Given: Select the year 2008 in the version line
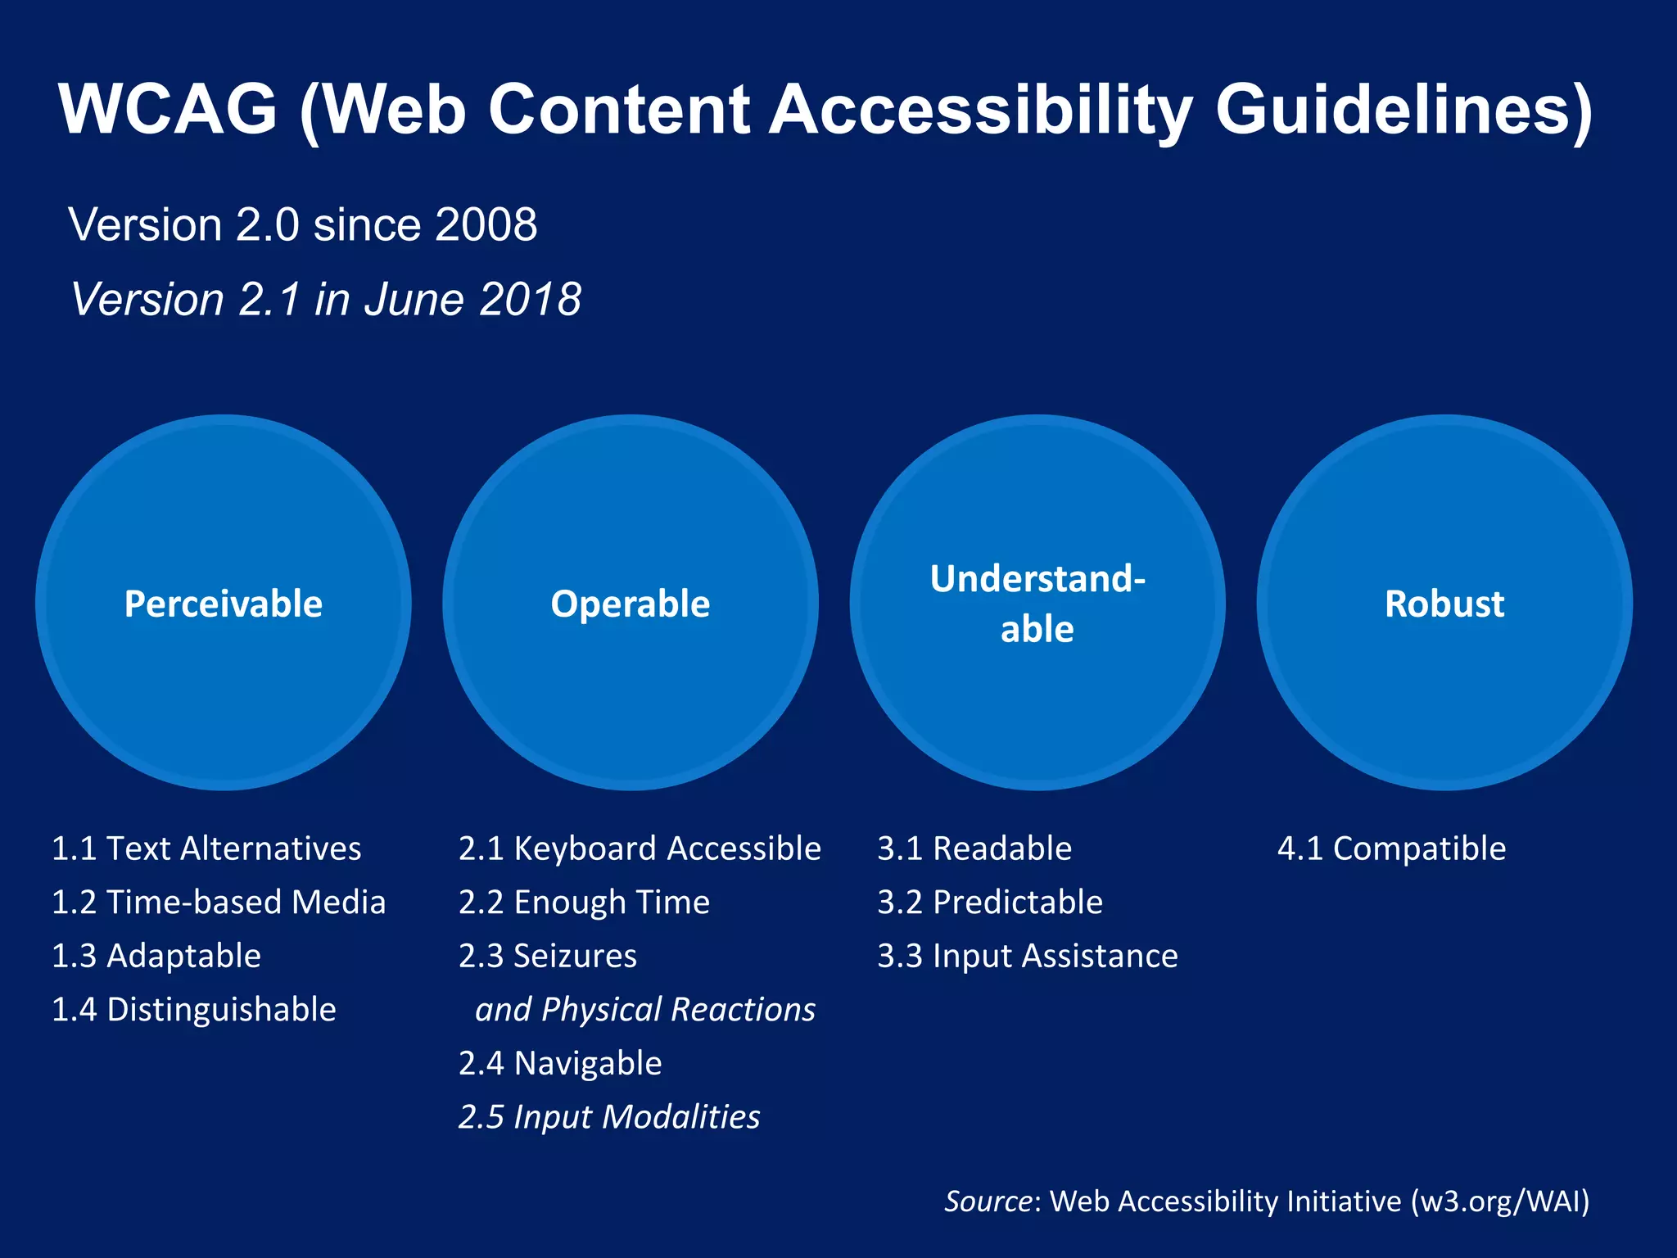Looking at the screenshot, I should [x=486, y=224].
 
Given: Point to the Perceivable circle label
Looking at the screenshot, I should [x=223, y=604].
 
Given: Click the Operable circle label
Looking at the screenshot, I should [x=630, y=604].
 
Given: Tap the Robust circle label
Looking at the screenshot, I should [x=1444, y=604].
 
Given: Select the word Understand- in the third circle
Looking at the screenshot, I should [x=1037, y=579].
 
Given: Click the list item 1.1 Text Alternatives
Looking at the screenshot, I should [x=206, y=848].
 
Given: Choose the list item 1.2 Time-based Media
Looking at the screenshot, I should [x=218, y=903].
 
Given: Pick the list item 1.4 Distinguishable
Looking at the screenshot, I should [x=194, y=1010].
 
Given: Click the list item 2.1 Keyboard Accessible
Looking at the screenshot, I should [x=640, y=848].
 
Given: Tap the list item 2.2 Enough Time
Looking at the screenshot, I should [x=584, y=903].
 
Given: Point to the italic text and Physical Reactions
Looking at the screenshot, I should [x=645, y=1010].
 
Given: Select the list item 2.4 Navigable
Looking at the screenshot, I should [x=560, y=1063].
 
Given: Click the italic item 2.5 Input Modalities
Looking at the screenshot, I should [x=609, y=1117].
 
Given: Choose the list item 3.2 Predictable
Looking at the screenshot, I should [x=990, y=903].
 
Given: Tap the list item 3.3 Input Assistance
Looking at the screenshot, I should [x=1028, y=956].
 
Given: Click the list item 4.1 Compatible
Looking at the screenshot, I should [x=1391, y=848].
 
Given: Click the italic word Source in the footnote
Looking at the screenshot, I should [x=988, y=1201].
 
